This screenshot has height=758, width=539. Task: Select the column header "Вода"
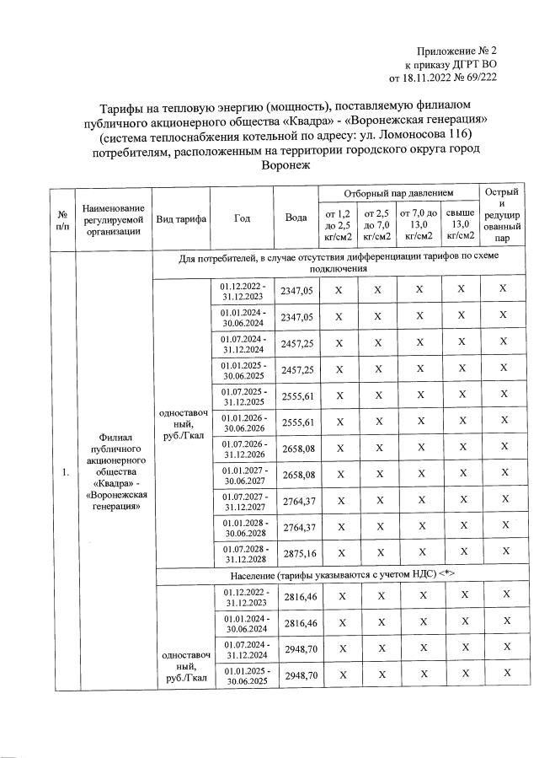click(296, 218)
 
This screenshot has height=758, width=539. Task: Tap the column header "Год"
click(243, 218)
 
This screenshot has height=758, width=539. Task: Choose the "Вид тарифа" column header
click(180, 218)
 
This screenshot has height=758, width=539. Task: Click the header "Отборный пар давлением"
click(398, 194)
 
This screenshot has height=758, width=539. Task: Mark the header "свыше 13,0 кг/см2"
click(460, 228)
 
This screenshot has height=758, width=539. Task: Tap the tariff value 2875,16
click(296, 554)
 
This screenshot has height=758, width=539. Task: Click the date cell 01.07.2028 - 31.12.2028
click(243, 554)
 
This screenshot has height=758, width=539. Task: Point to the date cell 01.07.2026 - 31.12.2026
click(243, 449)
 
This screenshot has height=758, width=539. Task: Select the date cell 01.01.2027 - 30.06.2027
click(243, 476)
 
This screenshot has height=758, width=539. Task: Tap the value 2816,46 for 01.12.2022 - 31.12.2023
click(296, 597)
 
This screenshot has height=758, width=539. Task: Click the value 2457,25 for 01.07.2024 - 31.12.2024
click(296, 343)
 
